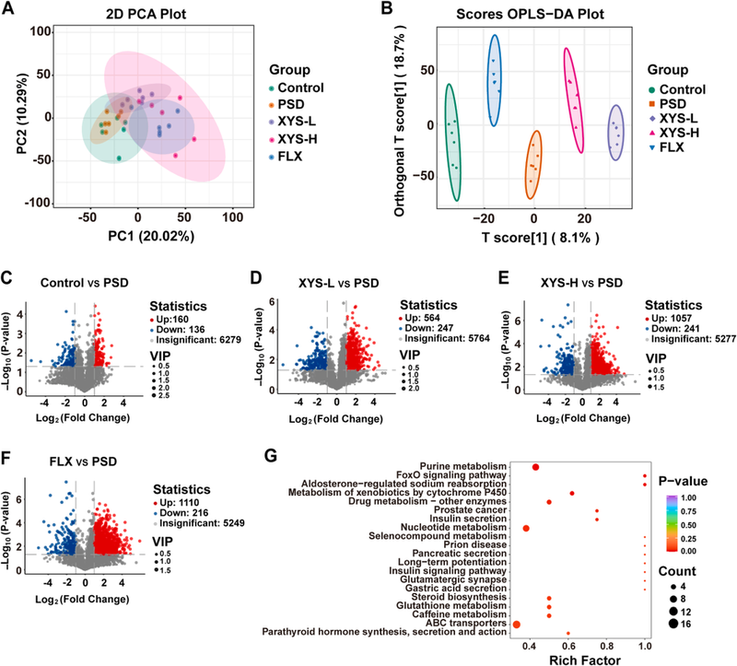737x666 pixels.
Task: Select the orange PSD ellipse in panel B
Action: pos(533,164)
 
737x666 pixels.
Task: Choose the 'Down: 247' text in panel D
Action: pos(429,315)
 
